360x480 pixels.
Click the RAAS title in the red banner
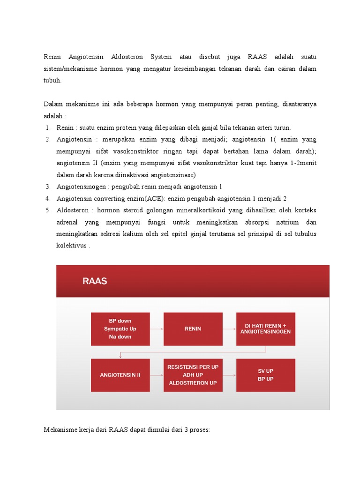pos(95,281)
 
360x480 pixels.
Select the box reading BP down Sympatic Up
pos(120,329)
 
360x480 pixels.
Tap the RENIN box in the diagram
pos(193,329)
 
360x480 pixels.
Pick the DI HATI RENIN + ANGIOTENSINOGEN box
pos(265,329)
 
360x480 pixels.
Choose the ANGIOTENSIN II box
pos(120,375)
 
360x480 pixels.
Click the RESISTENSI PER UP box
pos(193,375)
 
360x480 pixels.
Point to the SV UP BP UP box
pos(265,375)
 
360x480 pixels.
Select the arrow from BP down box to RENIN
pos(157,329)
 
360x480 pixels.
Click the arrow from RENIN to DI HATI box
pos(229,329)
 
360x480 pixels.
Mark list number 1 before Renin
pos(48,127)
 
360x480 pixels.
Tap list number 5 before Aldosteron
pos(48,210)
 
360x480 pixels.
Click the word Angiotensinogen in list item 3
pos(79,187)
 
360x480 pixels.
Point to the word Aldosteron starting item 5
pos(73,210)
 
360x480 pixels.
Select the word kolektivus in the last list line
pos(72,245)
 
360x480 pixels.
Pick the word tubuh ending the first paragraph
pos(52,80)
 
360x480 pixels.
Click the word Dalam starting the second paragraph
pos(53,104)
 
